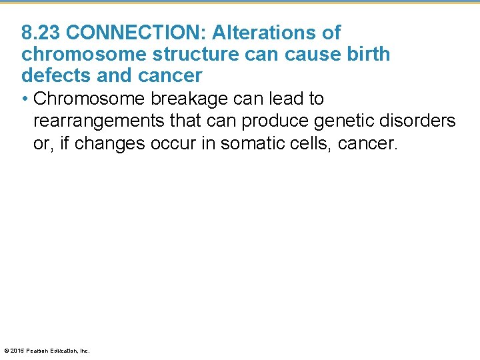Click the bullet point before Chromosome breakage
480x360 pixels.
tap(25, 99)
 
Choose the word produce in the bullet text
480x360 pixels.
tap(271, 121)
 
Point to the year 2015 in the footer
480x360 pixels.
tap(18, 351)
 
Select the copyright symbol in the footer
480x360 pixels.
tap(6, 351)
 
